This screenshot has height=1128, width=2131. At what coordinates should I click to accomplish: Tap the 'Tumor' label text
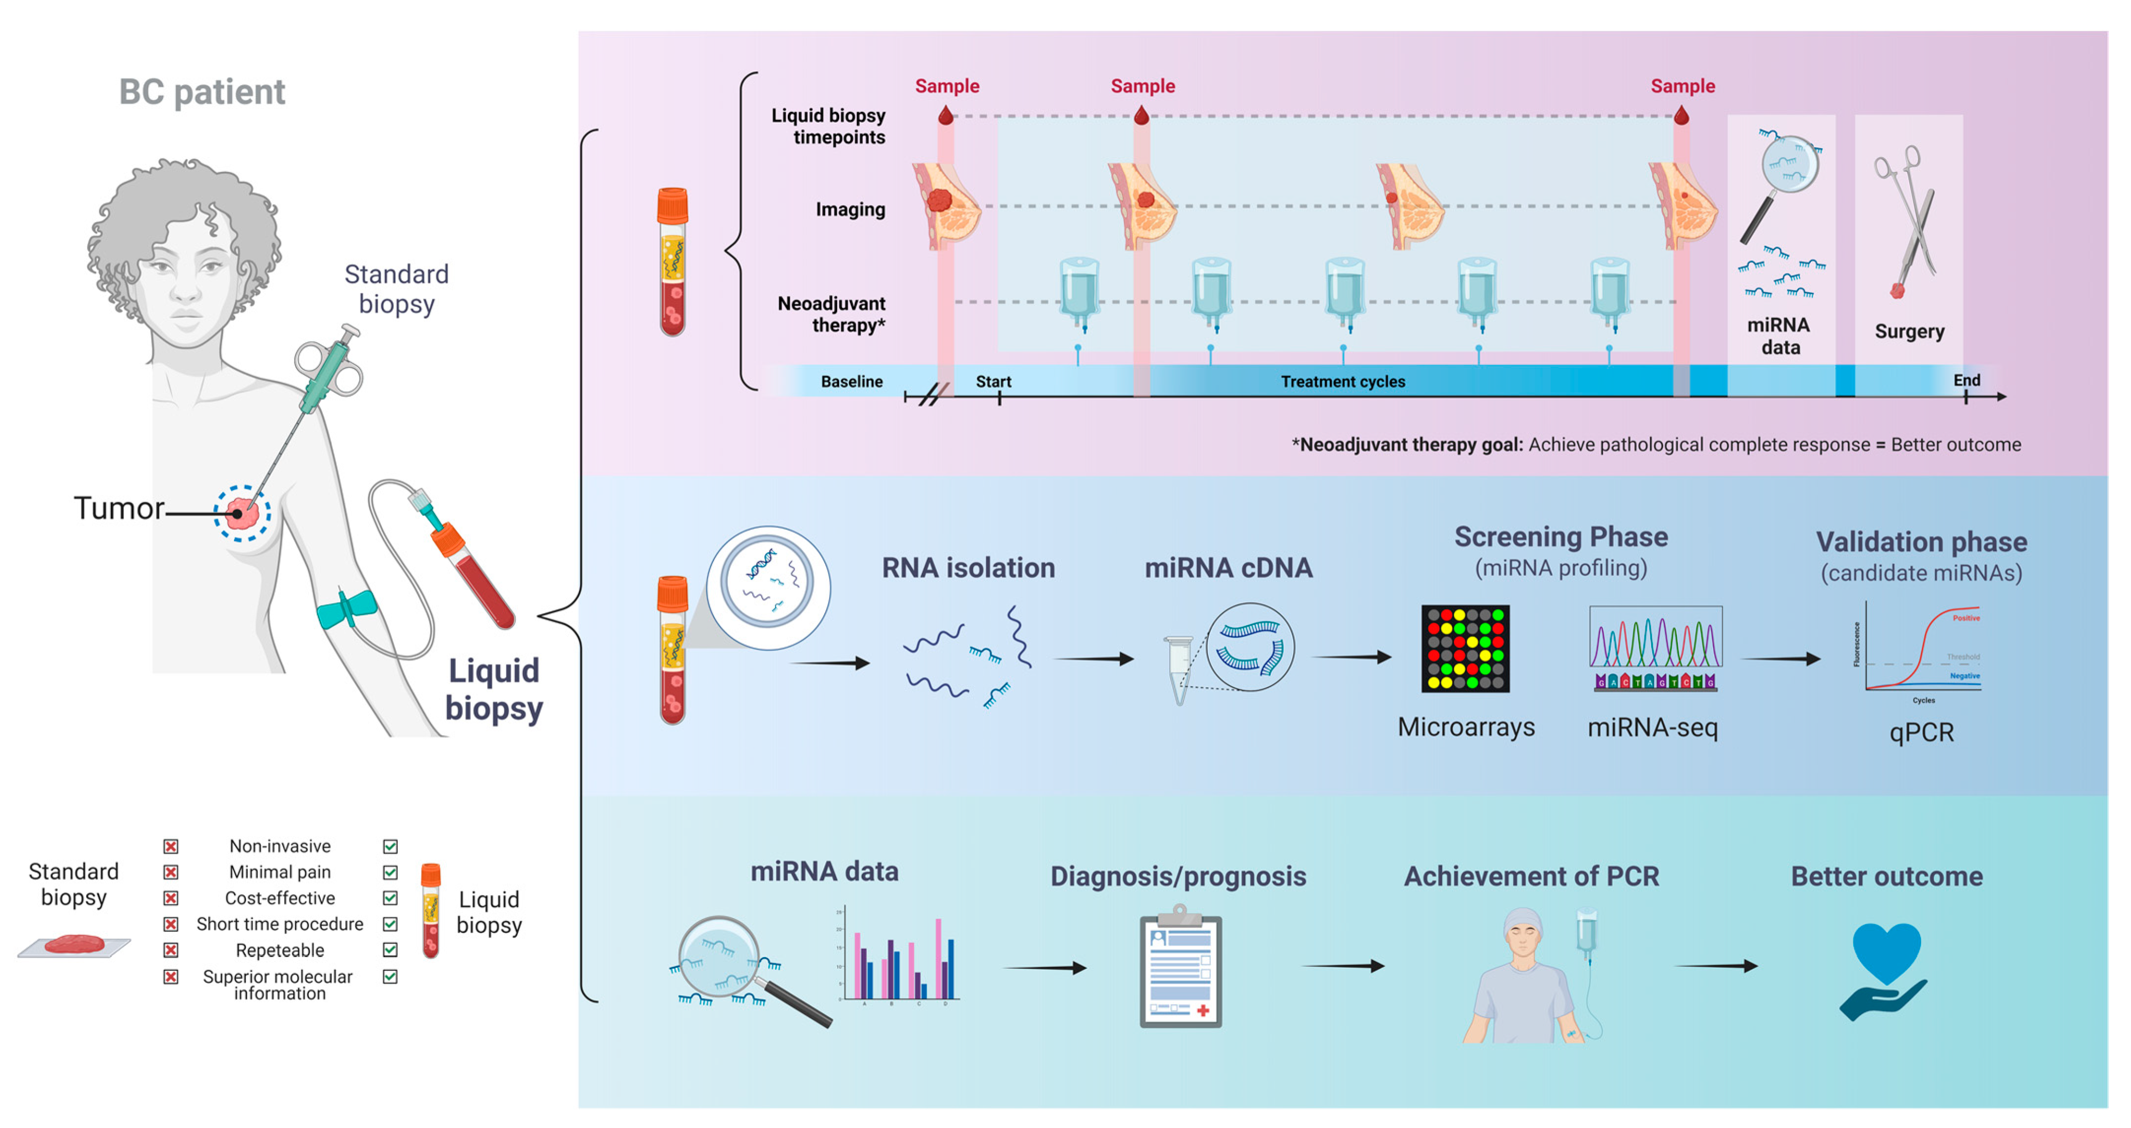tap(118, 508)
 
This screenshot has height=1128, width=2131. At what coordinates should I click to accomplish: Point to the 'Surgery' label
tap(1908, 331)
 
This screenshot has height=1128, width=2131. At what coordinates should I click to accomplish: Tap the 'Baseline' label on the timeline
tap(851, 381)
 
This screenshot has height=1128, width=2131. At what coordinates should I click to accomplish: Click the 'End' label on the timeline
tap(1966, 380)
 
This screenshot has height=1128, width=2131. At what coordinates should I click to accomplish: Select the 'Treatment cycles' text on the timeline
tap(1343, 381)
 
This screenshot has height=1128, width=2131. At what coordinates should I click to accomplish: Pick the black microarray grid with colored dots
tap(1465, 648)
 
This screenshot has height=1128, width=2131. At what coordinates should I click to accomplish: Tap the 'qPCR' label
tap(1921, 733)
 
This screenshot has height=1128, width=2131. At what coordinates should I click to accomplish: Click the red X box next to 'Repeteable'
tap(170, 950)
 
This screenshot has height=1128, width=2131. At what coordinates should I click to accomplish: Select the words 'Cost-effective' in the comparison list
tap(280, 898)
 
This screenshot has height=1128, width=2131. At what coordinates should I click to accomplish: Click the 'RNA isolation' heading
tap(968, 568)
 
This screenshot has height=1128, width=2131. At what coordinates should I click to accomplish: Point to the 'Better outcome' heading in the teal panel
tap(1886, 876)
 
